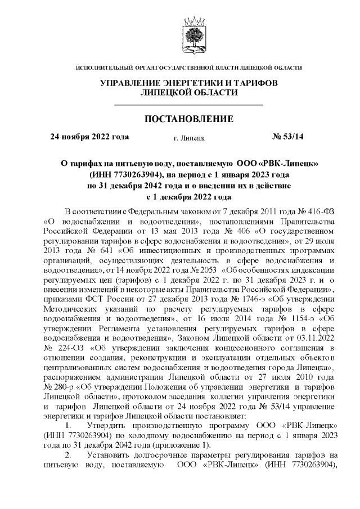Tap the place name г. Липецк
point(190,137)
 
